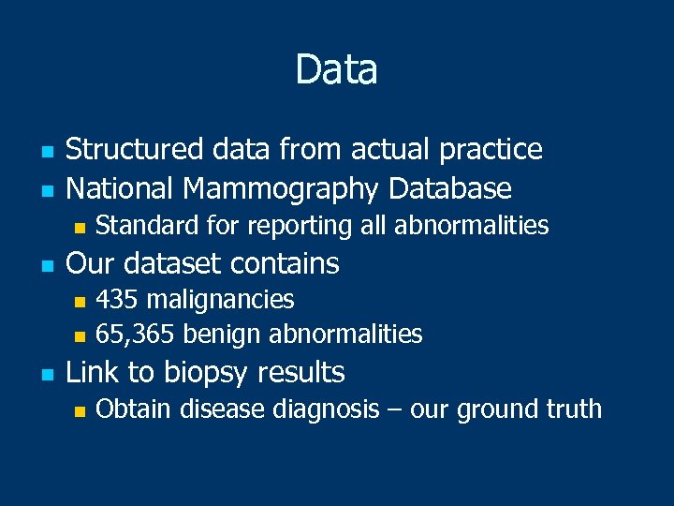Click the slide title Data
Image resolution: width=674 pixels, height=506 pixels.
(336, 69)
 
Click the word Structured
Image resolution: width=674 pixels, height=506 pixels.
(134, 149)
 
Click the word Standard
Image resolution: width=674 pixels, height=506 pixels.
(139, 225)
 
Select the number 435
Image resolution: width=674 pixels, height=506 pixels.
(117, 300)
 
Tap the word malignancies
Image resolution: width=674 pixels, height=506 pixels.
(220, 300)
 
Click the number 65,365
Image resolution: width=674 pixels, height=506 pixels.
(137, 334)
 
